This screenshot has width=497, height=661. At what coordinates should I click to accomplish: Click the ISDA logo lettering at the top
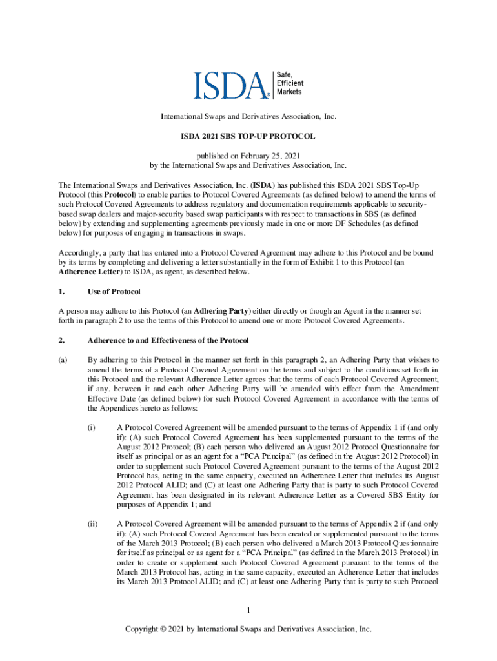click(x=231, y=85)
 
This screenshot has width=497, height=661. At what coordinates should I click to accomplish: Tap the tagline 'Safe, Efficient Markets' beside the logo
click(x=290, y=83)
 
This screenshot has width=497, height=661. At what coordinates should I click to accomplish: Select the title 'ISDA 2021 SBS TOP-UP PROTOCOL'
click(x=248, y=137)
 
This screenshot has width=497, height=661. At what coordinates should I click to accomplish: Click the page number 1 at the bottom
click(x=249, y=610)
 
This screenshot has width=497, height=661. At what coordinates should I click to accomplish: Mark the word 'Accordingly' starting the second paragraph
click(x=79, y=252)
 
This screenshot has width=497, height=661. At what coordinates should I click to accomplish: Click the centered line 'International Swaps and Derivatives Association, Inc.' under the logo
click(x=249, y=117)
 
